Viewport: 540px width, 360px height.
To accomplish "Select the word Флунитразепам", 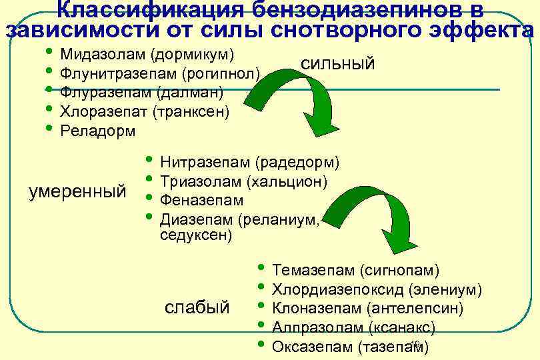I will [117, 72].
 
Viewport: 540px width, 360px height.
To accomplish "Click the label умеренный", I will [78, 192].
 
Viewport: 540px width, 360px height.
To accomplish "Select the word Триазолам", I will [201, 181].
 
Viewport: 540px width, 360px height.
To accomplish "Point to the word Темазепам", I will [313, 271].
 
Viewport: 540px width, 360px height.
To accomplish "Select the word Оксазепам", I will [313, 347].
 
